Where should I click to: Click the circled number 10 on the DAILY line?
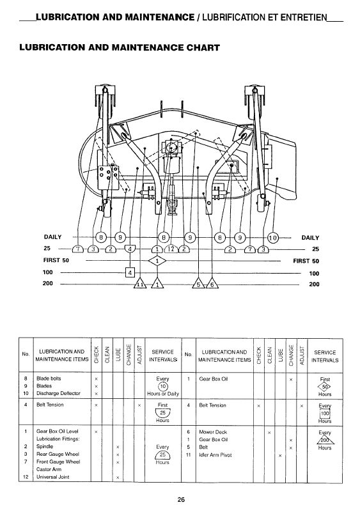[x=272, y=238]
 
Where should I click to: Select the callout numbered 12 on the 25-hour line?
[x=171, y=249]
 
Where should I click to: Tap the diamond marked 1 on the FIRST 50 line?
[x=157, y=261]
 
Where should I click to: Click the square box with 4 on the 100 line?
[x=130, y=273]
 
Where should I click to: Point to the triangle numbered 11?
[x=140, y=284]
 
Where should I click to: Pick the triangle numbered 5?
[x=198, y=284]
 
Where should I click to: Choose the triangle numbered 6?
[x=212, y=284]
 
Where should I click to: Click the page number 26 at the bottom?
[x=181, y=499]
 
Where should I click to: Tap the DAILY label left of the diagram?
[x=52, y=237]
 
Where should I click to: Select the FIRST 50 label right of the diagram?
[x=306, y=261]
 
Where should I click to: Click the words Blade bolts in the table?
[x=49, y=378]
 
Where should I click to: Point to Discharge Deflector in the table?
[x=58, y=393]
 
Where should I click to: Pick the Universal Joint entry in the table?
[x=53, y=477]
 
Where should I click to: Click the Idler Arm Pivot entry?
[x=215, y=455]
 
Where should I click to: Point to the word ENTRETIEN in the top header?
[x=304, y=17]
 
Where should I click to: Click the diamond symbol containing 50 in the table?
[x=325, y=387]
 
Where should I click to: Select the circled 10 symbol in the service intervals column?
[x=162, y=386]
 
